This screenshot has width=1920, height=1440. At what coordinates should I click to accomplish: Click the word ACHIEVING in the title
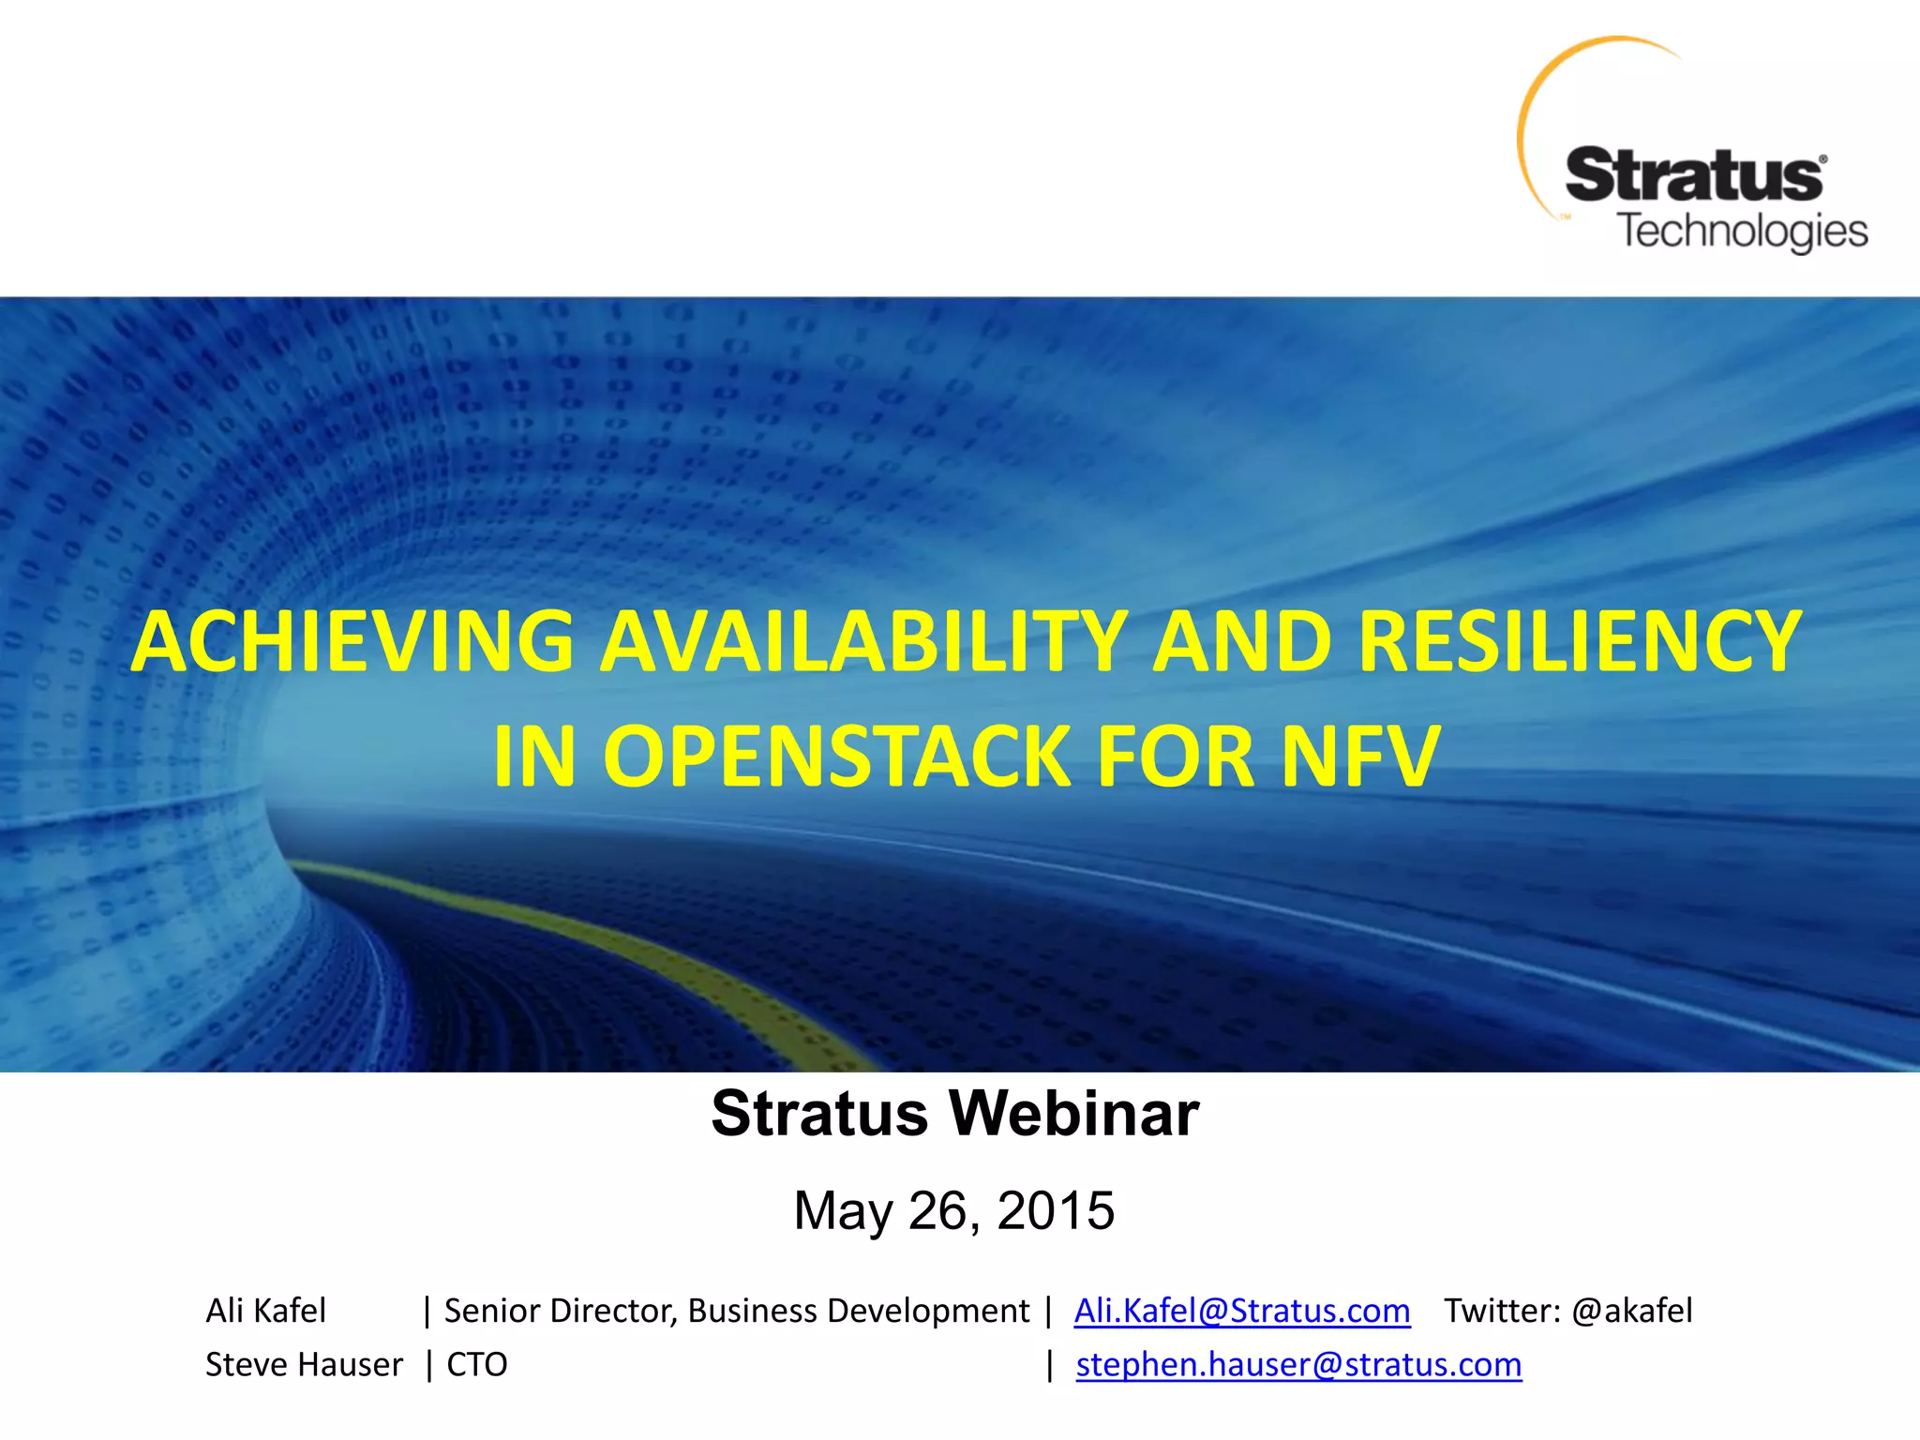[352, 642]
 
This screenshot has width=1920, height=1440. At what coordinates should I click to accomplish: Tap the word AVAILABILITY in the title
[863, 642]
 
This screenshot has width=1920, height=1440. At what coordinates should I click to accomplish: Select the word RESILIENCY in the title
[1579, 642]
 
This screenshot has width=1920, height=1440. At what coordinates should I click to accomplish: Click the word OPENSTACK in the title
[837, 757]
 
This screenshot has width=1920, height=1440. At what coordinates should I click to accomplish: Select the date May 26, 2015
[954, 1210]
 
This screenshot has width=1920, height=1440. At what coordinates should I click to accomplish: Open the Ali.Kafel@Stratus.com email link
[1241, 1311]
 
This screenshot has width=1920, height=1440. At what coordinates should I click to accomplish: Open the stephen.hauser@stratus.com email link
[1298, 1365]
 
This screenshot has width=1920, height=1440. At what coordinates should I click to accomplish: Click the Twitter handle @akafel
[1631, 1311]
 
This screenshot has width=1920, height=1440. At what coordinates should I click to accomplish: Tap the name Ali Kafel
[266, 1311]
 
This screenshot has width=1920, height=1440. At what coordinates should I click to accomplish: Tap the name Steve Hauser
[304, 1365]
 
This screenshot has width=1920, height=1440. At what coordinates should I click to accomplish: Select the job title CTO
[477, 1365]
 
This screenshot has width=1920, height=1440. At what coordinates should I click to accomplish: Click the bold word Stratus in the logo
[1693, 176]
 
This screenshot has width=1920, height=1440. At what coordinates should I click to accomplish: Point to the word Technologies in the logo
[1743, 231]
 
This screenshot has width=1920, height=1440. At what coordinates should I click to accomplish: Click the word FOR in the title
[1176, 757]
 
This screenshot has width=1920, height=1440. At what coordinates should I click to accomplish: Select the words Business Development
[858, 1311]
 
